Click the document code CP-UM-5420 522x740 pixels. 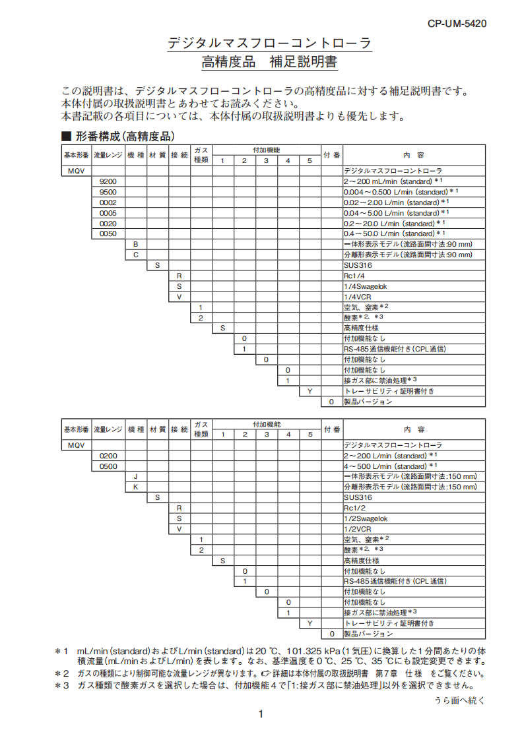pos(457,24)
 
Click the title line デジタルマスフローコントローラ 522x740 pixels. pos(269,44)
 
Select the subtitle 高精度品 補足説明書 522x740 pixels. pos(269,63)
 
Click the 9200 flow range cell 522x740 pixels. pos(108,181)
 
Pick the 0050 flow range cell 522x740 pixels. pos(108,233)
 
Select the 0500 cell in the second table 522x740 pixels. pos(108,466)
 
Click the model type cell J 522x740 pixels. pos(135,476)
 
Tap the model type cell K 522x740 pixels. pos(135,487)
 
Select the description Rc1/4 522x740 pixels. pos(353,276)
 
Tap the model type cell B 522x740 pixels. pos(135,244)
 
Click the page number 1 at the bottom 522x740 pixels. pos(261,714)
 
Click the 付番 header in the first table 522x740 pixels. pos(332,155)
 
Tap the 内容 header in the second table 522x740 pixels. pos(414,429)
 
